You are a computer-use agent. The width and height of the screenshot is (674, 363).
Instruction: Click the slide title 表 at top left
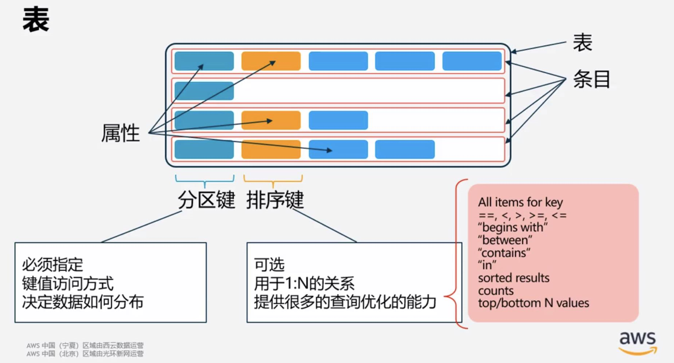pos(36,20)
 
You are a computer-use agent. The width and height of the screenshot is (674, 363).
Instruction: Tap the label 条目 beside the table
pos(592,79)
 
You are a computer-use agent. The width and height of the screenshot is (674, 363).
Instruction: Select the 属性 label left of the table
pos(120,133)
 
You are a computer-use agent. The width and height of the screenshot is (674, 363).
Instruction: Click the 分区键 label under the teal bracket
pos(206,200)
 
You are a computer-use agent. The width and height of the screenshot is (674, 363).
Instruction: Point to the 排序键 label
pos(275,200)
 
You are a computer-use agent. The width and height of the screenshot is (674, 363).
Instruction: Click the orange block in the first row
pos(271,61)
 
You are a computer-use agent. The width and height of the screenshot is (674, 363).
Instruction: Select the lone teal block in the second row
pos(204,90)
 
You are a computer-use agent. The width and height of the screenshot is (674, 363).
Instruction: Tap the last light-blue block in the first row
pos(472,61)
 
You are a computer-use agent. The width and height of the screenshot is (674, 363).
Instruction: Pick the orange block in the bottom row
pos(271,149)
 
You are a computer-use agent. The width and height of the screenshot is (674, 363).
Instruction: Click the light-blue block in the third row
pos(338,120)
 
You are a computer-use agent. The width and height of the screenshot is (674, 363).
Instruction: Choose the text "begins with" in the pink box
pos(513,228)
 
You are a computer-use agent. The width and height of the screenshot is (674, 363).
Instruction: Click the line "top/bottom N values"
pos(534,303)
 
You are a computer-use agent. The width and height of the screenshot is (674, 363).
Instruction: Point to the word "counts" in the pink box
pos(496,291)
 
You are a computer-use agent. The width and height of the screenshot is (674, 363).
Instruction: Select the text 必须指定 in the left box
pos(53,265)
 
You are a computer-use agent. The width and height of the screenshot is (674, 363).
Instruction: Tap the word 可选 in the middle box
pos(269,265)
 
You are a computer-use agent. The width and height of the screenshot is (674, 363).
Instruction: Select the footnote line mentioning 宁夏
pos(85,345)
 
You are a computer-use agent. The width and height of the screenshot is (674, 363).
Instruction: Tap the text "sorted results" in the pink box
pos(514,278)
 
